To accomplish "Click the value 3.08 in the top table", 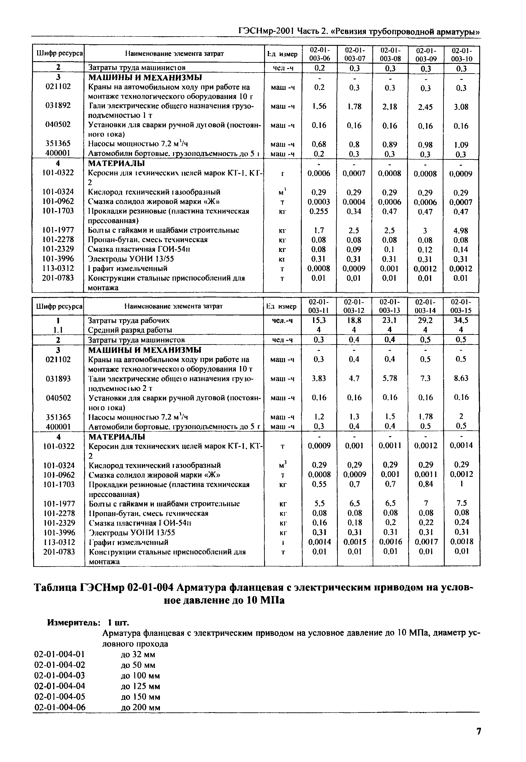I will [x=461, y=107].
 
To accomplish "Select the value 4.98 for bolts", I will [x=461, y=230].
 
